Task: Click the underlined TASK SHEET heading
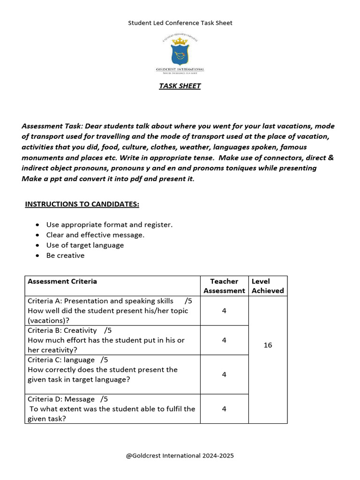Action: [x=180, y=86]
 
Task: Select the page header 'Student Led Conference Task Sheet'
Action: [x=180, y=22]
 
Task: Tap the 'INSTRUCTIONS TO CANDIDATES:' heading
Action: [x=82, y=204]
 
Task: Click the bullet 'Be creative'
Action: [x=65, y=255]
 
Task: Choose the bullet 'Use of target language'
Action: [x=85, y=245]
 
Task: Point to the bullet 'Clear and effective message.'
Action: [x=95, y=235]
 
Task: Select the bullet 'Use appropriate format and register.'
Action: [x=109, y=225]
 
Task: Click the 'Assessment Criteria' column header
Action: [x=62, y=281]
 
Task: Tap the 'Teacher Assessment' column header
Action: [x=224, y=286]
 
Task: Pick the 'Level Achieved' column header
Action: [x=268, y=286]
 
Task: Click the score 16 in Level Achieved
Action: [x=268, y=345]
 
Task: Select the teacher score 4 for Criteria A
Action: [x=224, y=310]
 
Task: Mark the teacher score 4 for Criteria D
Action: [x=224, y=409]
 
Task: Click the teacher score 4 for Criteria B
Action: [x=224, y=340]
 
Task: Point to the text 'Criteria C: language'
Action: [x=61, y=360]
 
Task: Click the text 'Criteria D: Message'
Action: [x=61, y=399]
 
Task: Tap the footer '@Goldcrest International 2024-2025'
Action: [x=180, y=455]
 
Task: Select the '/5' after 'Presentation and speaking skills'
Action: [x=188, y=301]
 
